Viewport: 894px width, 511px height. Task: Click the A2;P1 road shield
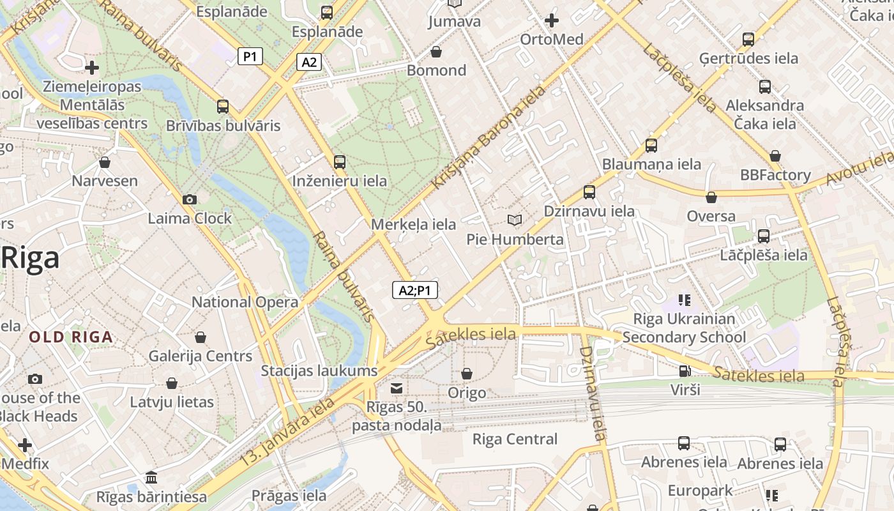point(414,291)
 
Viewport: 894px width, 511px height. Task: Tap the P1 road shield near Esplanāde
point(250,56)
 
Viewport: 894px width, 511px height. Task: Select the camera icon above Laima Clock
point(189,200)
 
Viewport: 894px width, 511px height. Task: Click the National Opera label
point(245,302)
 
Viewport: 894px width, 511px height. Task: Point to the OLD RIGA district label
point(71,337)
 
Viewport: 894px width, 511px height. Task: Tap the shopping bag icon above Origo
point(467,374)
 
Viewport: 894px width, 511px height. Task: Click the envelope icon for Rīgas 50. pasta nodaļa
point(397,388)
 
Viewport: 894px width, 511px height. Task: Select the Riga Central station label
point(515,439)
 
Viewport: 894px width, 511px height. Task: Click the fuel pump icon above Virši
point(685,370)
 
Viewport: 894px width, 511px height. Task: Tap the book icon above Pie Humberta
point(515,220)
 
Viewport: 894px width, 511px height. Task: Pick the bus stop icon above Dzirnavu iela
point(589,192)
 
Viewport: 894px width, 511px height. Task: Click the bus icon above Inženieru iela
point(339,162)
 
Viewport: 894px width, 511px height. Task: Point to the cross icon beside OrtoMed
point(552,20)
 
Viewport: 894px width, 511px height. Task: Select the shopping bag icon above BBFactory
point(775,156)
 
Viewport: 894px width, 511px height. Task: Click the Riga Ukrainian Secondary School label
point(684,328)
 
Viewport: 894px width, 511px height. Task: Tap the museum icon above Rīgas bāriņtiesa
point(151,478)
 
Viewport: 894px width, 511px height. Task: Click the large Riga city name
point(30,257)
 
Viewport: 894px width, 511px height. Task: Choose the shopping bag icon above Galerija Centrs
point(201,337)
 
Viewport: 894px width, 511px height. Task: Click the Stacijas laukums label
point(319,370)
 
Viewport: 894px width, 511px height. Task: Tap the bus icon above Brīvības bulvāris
point(222,107)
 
